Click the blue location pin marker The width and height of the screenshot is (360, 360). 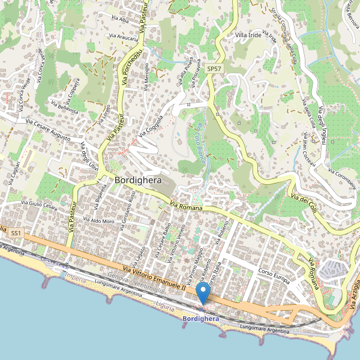coord(203,294)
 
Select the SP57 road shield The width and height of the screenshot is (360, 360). coord(214,69)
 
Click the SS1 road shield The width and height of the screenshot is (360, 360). coord(16,232)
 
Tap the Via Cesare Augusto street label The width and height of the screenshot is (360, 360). coord(47,130)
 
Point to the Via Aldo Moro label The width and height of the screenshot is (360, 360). coord(98,221)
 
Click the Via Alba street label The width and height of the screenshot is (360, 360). coord(120,20)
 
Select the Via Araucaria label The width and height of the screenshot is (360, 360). coord(124,37)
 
